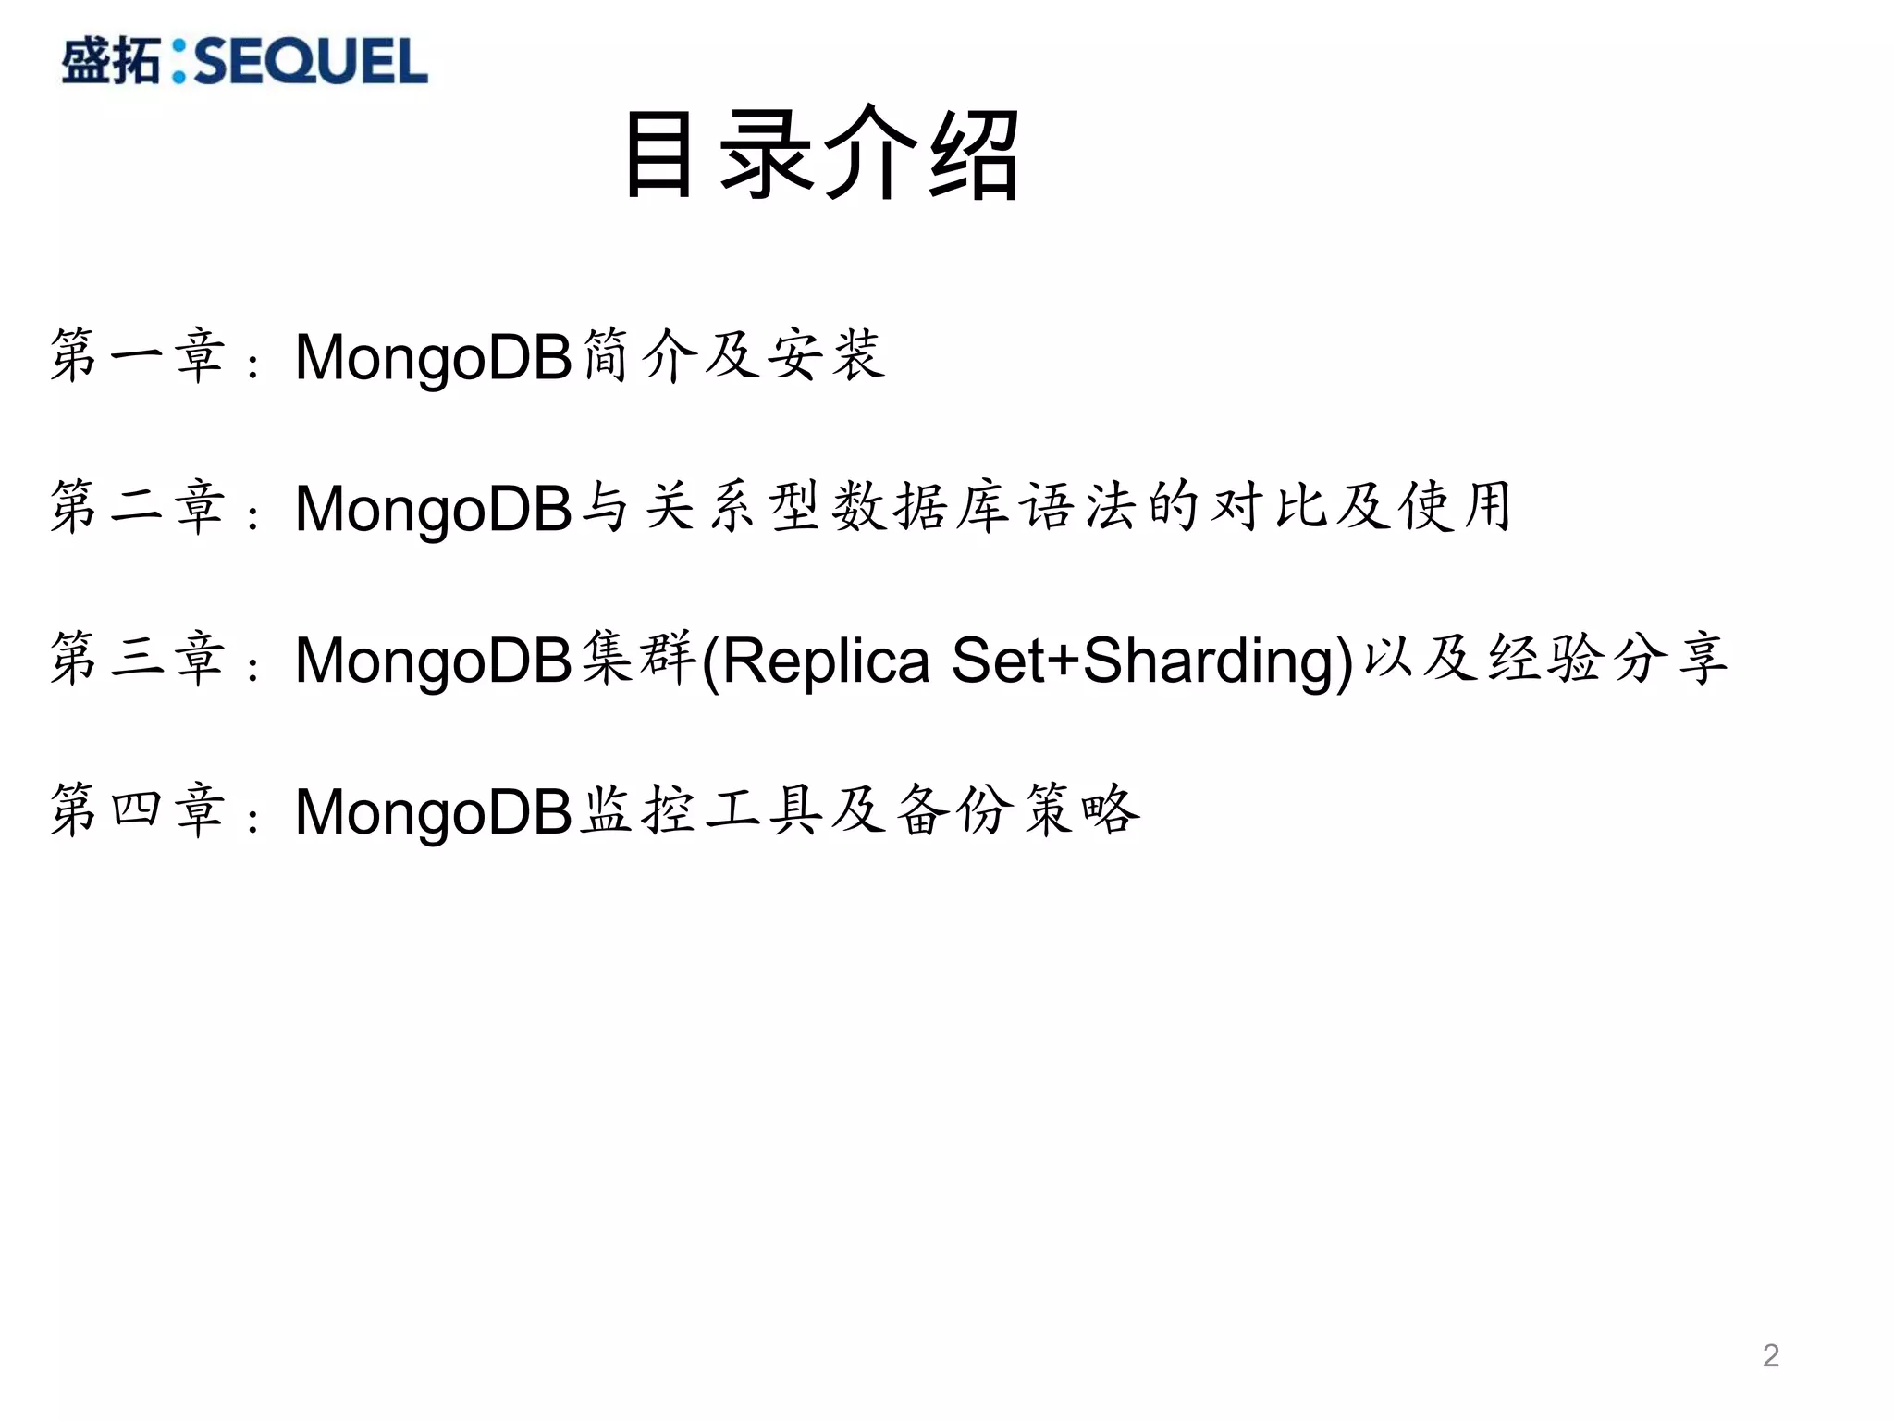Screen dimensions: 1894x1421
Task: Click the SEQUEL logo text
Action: point(311,62)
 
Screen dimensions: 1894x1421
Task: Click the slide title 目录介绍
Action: point(822,154)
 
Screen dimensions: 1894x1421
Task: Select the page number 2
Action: point(1770,1355)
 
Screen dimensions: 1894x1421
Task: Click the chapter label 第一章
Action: point(138,356)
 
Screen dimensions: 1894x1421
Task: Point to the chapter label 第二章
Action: point(138,508)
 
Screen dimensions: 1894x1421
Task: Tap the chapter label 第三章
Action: point(138,660)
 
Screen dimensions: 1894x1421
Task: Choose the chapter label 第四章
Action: point(138,811)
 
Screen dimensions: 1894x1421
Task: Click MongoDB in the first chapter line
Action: point(434,358)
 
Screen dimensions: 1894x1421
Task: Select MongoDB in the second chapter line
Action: point(434,510)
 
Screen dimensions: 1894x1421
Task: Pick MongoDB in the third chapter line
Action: point(434,661)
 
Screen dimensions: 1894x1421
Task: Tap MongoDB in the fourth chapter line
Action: point(434,813)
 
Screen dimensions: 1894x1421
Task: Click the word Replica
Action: point(825,661)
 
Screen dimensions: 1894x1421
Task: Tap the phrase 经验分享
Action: point(1607,660)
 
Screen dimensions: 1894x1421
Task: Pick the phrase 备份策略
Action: point(1017,811)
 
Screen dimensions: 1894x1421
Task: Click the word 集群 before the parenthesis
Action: point(639,660)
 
